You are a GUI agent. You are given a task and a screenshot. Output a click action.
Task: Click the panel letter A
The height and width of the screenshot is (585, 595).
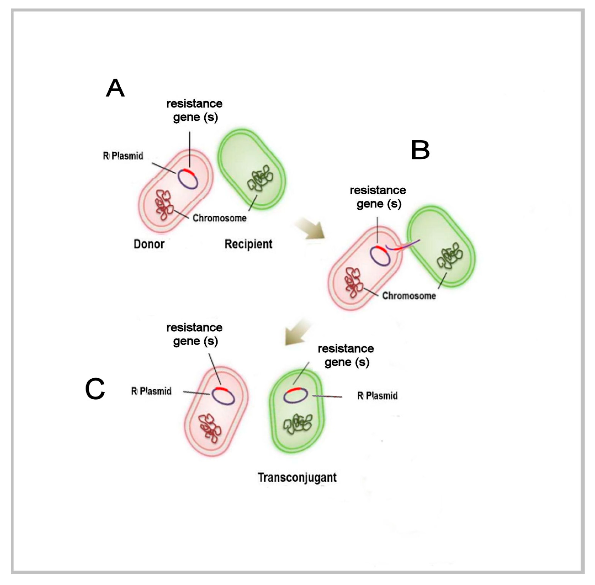point(115,88)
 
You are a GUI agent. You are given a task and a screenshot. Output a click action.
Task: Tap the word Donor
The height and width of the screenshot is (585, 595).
point(149,244)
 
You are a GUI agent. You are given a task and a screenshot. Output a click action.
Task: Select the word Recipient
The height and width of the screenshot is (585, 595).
point(248,244)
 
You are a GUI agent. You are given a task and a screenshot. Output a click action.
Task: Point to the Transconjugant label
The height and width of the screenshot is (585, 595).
point(297,478)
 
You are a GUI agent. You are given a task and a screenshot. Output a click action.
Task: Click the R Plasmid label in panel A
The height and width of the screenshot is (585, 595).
point(123,156)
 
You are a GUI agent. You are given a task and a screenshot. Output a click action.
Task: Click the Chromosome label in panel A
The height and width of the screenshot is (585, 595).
point(219,218)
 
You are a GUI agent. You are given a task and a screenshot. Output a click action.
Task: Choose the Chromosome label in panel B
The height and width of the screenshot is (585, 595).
point(409,296)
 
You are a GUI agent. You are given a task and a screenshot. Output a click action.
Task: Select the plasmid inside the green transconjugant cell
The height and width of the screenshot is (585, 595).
point(295,395)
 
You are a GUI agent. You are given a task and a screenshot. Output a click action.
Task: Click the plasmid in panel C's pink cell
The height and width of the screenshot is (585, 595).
point(223,396)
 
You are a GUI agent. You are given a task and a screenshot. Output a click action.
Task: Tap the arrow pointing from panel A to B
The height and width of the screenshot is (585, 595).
point(310,228)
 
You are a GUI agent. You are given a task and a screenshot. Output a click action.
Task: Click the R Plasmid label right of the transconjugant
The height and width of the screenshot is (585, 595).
point(377,396)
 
